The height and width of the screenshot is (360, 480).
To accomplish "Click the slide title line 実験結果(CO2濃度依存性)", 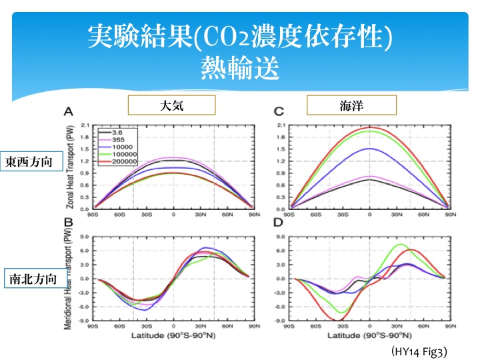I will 239,39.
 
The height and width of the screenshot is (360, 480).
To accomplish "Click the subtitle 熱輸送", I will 239,69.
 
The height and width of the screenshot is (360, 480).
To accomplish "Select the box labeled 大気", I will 171,105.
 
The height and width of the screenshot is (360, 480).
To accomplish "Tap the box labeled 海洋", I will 351,105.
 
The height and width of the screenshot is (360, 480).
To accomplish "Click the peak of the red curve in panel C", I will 370,127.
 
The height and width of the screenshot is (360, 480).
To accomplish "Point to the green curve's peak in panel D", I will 400,245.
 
